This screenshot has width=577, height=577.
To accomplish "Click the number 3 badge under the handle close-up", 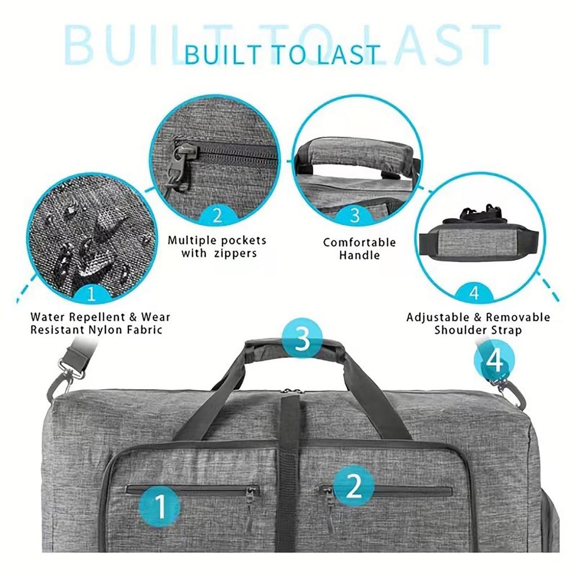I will [355, 216].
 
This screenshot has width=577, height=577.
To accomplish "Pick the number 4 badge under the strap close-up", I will [474, 294].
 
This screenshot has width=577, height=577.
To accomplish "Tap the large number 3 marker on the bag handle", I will [303, 340].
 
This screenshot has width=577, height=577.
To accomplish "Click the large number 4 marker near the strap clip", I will [494, 361].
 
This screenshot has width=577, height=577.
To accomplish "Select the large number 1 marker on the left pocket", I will [160, 506].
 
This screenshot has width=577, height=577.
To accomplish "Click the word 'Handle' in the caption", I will [359, 255].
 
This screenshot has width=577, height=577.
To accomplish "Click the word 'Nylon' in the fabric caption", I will [105, 330].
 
